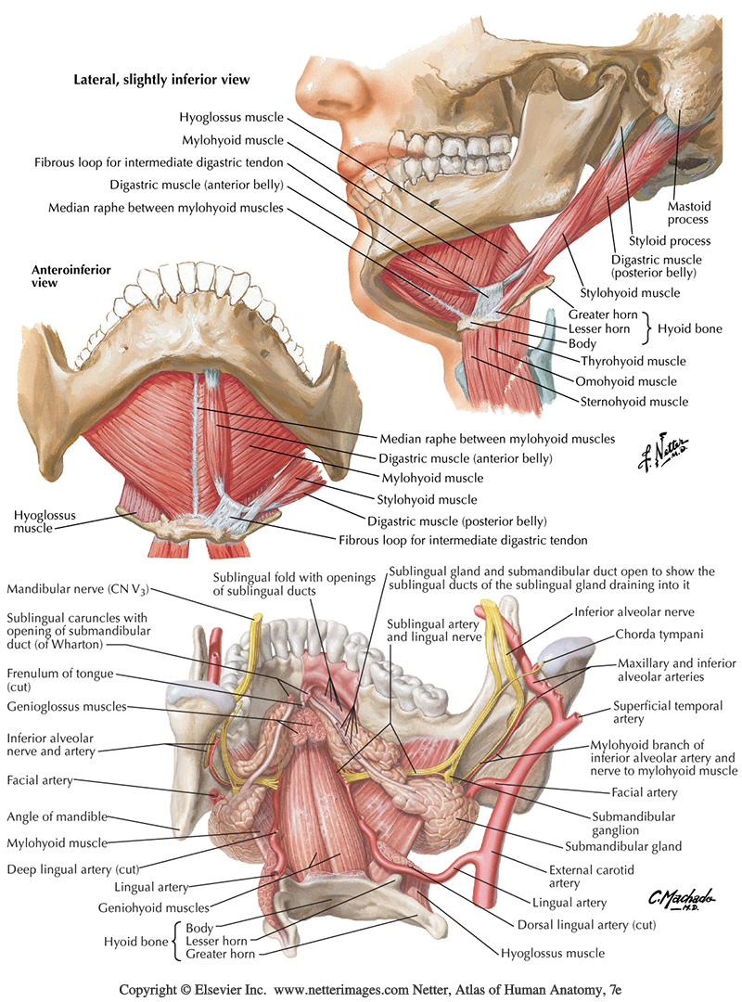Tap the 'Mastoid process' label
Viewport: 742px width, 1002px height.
[687, 212]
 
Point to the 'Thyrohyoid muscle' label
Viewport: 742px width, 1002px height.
[633, 361]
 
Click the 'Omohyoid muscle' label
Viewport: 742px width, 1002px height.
[626, 381]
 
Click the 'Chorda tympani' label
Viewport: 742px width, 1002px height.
[646, 636]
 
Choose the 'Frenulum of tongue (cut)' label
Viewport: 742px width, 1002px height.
[56, 681]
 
